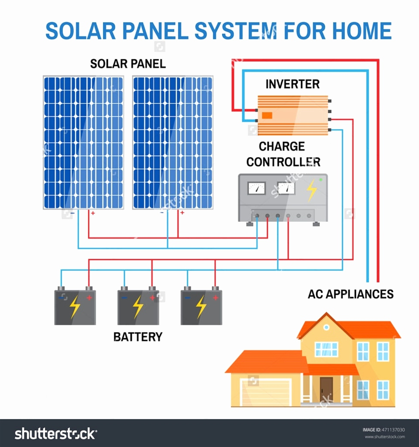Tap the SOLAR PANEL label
click(x=128, y=64)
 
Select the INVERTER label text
click(x=292, y=84)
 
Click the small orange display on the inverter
click(x=267, y=115)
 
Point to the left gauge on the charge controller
click(x=257, y=188)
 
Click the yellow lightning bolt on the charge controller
click(x=311, y=190)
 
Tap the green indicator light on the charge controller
click(x=321, y=179)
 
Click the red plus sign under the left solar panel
click(x=93, y=213)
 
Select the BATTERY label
click(x=138, y=337)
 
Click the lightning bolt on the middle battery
click(x=138, y=307)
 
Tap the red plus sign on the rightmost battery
click(x=215, y=298)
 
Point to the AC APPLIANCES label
click(x=350, y=294)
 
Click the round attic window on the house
click(x=326, y=327)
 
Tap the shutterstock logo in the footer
click(x=56, y=433)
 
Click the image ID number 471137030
click(x=393, y=430)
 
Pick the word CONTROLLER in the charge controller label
click(x=283, y=162)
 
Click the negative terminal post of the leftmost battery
click(x=61, y=289)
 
